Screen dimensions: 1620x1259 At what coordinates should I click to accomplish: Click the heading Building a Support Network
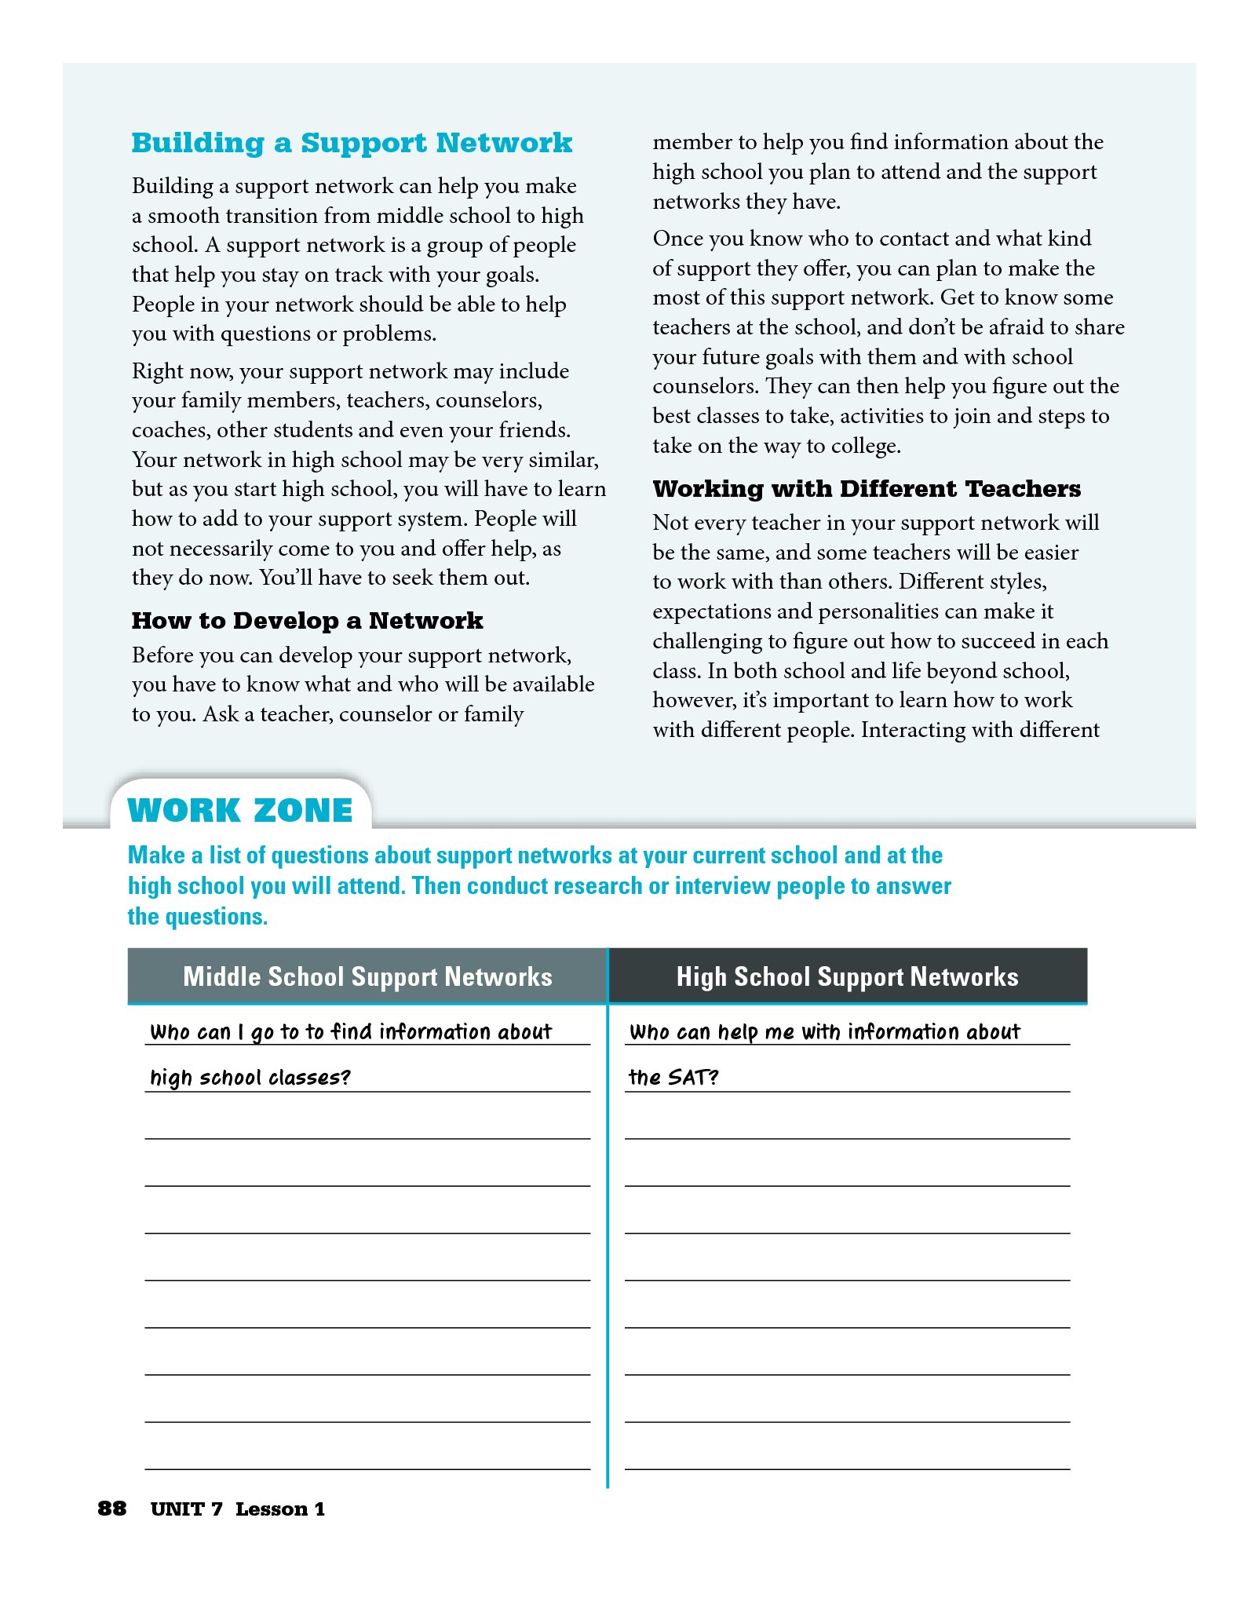click(x=352, y=143)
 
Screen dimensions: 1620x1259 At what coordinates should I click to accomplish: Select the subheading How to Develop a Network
click(x=307, y=621)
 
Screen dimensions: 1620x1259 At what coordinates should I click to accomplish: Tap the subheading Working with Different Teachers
click(x=867, y=489)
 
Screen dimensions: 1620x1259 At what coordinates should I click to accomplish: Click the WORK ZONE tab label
click(x=240, y=810)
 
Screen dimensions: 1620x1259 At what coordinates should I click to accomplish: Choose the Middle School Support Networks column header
click(x=367, y=976)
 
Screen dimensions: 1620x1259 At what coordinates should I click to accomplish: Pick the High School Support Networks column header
click(x=847, y=976)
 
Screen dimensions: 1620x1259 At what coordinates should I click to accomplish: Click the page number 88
click(x=111, y=1509)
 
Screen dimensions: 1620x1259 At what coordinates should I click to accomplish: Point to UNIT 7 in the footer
click(x=186, y=1509)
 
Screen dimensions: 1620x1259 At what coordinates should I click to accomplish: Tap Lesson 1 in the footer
click(x=279, y=1509)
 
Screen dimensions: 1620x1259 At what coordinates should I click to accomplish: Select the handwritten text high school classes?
click(x=250, y=1077)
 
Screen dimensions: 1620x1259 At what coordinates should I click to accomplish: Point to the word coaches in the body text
click(x=170, y=430)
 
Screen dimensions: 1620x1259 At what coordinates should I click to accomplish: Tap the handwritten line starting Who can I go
click(x=351, y=1031)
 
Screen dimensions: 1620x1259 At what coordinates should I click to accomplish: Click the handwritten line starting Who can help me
click(x=824, y=1031)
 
